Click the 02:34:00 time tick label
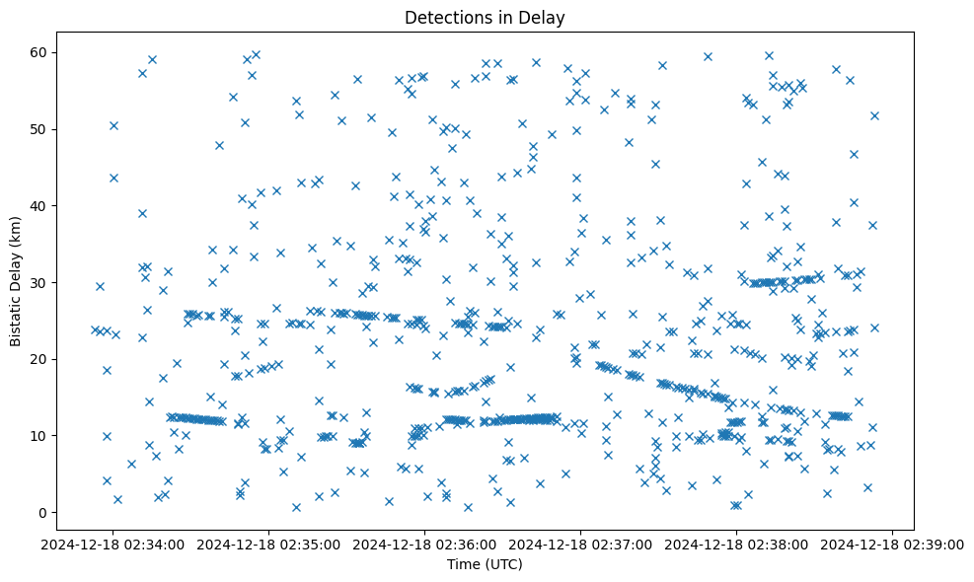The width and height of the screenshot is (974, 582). tap(112, 544)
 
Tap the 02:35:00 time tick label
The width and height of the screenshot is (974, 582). tap(268, 544)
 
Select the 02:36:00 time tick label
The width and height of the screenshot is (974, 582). tap(425, 544)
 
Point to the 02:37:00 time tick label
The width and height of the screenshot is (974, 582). tap(581, 544)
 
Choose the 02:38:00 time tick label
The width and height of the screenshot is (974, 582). tap(737, 544)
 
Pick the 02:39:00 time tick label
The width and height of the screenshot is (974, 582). tap(893, 544)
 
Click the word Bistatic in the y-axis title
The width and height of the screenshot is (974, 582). tap(16, 316)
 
